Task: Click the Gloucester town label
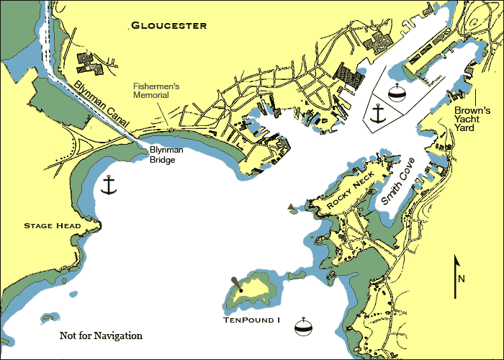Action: pos(168,26)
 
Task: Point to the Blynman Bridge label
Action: pos(166,156)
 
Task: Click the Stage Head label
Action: pos(52,226)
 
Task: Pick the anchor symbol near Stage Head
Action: pos(109,185)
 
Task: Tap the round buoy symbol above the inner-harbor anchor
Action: pos(395,93)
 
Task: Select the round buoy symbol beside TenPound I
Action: pos(304,327)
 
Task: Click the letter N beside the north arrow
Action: pos(462,279)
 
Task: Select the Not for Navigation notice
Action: pos(101,336)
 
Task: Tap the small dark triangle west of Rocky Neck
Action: pos(291,207)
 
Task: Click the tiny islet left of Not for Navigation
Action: pos(48,316)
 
